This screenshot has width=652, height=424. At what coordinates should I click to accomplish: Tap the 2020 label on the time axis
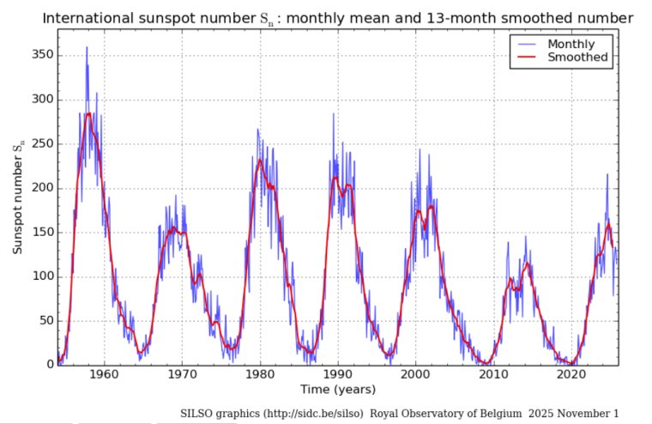pos(571,374)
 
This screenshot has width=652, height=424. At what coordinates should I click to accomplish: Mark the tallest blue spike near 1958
pos(86,48)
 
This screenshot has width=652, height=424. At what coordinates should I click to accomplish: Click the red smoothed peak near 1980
pos(260,160)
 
